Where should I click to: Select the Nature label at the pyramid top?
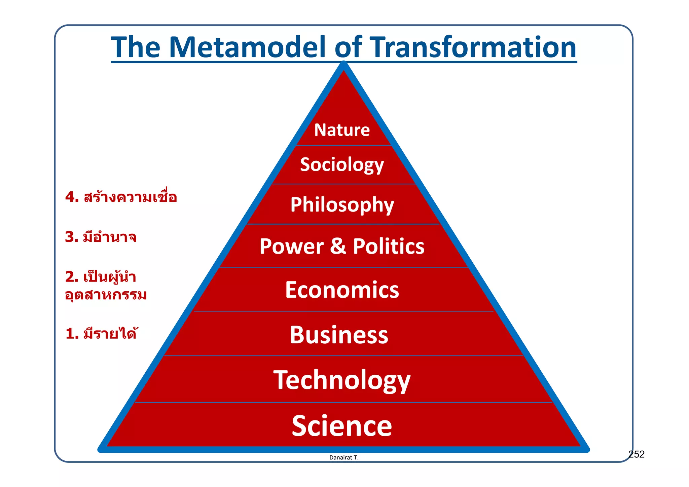(342, 130)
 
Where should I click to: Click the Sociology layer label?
(342, 165)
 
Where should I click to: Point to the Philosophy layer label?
(342, 205)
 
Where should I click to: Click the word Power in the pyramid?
(291, 247)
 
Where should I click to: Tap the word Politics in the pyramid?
(389, 247)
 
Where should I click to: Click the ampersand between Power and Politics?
(338, 247)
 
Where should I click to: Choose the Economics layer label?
(342, 290)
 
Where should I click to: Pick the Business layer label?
(339, 335)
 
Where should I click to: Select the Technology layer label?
(342, 380)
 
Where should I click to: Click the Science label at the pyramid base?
(342, 426)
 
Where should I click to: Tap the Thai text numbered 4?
(121, 197)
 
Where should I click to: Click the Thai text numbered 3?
(101, 237)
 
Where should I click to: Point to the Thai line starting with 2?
(101, 277)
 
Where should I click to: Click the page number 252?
(636, 454)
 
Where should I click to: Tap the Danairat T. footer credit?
(344, 458)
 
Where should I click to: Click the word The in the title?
(136, 47)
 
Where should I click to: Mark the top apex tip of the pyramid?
(343, 63)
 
